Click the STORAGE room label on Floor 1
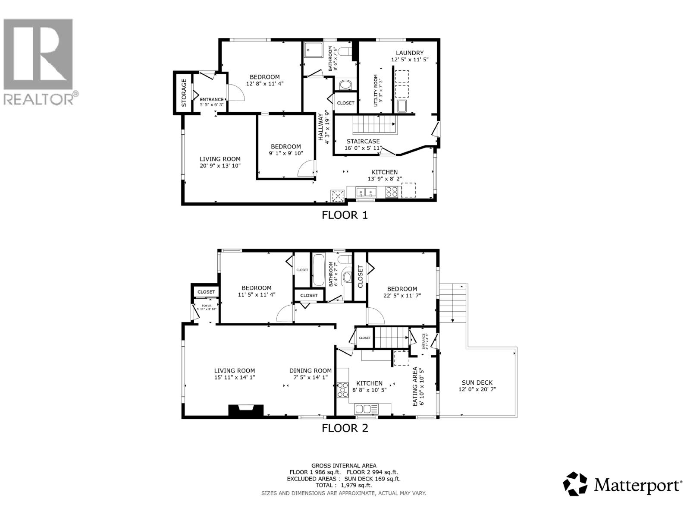(184, 93)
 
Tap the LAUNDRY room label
(410, 53)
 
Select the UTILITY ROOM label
(376, 91)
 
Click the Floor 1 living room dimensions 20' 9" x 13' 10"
(220, 166)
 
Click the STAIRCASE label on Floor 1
(363, 141)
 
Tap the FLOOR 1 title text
(345, 215)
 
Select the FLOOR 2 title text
(345, 428)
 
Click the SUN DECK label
(477, 382)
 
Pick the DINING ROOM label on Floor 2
(310, 370)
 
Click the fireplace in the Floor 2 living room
(245, 410)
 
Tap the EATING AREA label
(415, 386)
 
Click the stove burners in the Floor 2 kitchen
(343, 390)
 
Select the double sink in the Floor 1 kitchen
(367, 192)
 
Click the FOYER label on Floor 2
(206, 305)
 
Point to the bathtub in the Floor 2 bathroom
(318, 270)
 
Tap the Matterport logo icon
(575, 484)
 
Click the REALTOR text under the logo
(39, 99)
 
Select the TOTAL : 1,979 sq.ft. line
(344, 485)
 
